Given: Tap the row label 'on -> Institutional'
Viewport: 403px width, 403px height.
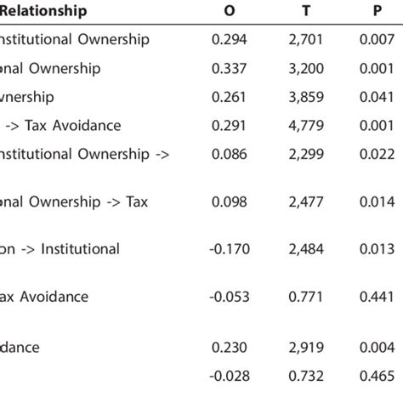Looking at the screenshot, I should pos(60,249).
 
